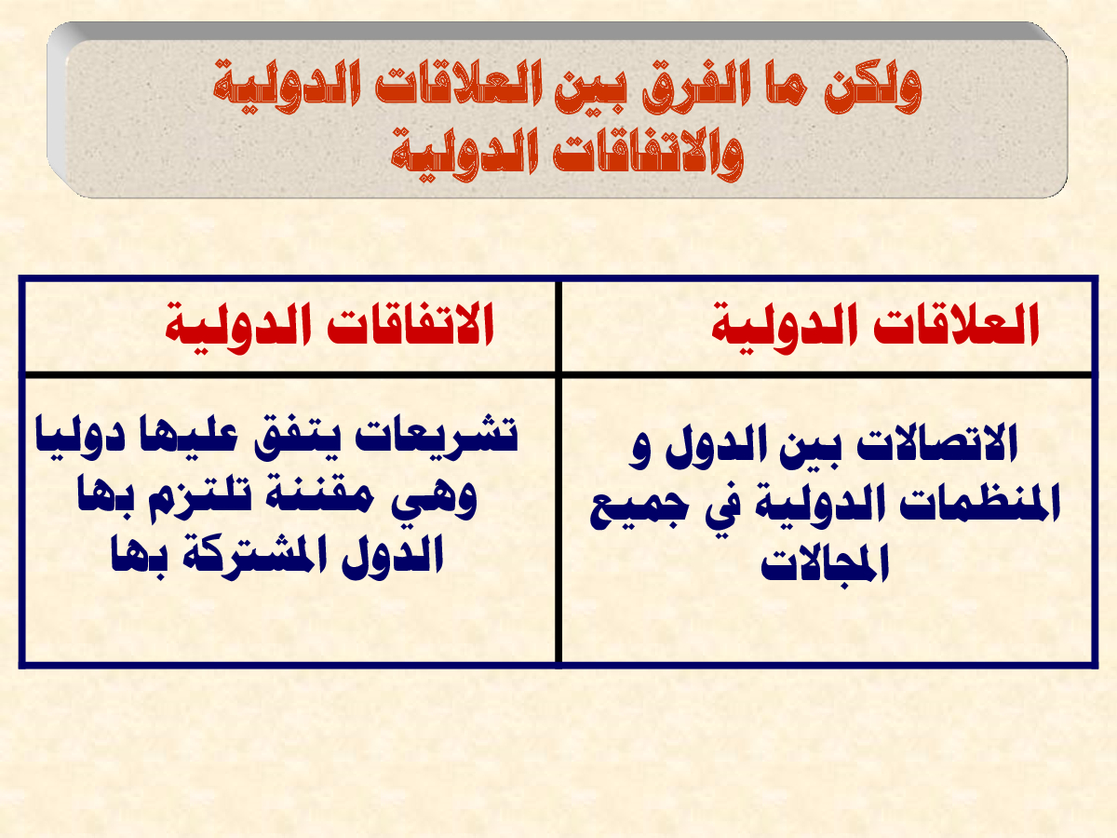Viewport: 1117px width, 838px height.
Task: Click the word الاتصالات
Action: point(936,444)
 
